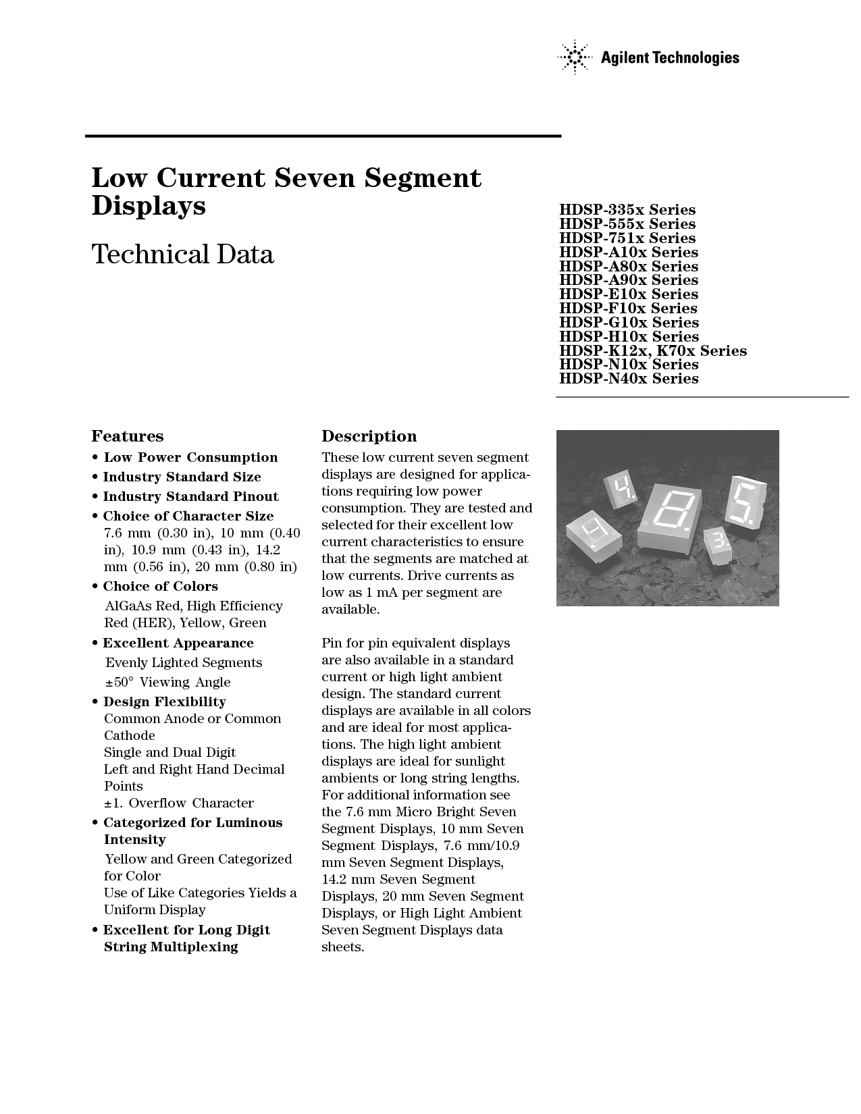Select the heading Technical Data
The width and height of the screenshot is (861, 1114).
pyautogui.click(x=182, y=255)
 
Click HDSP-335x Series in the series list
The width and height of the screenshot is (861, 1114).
pyautogui.click(x=627, y=209)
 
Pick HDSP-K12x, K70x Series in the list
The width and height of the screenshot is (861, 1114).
pyautogui.click(x=652, y=350)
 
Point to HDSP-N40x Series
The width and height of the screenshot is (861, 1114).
pyautogui.click(x=628, y=379)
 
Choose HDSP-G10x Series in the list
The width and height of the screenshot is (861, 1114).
pyautogui.click(x=628, y=322)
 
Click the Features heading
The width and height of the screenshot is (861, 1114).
pyautogui.click(x=128, y=436)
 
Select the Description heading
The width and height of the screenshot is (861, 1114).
pyautogui.click(x=369, y=436)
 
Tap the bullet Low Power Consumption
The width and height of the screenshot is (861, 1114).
pyautogui.click(x=190, y=457)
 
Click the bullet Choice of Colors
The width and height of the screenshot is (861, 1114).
pyautogui.click(x=160, y=586)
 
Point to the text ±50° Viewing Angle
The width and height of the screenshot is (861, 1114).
pyautogui.click(x=168, y=682)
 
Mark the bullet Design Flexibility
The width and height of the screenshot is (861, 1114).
pyautogui.click(x=164, y=701)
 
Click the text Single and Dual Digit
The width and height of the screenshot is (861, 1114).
pyautogui.click(x=169, y=752)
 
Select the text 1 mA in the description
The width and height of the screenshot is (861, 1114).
pyautogui.click(x=369, y=592)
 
